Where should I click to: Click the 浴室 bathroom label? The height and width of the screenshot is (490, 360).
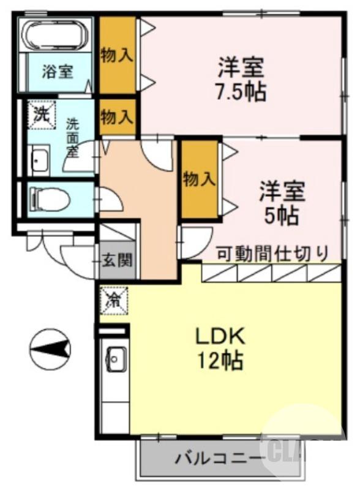coord(58,71)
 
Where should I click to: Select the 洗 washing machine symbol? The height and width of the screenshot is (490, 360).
coord(41,114)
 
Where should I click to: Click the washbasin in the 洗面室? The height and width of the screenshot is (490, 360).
coord(40,160)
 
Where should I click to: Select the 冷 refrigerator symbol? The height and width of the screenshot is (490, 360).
coord(114,300)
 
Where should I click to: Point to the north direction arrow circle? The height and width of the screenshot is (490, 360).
coord(50,349)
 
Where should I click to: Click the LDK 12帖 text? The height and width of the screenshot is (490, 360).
coord(220,347)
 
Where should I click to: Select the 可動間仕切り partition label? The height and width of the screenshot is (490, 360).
coord(273,252)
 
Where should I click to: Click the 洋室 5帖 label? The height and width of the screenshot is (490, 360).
coord(280,202)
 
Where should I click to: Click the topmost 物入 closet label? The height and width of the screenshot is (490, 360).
coord(117,55)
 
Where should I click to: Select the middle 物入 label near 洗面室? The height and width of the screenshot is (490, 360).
coord(117,116)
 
